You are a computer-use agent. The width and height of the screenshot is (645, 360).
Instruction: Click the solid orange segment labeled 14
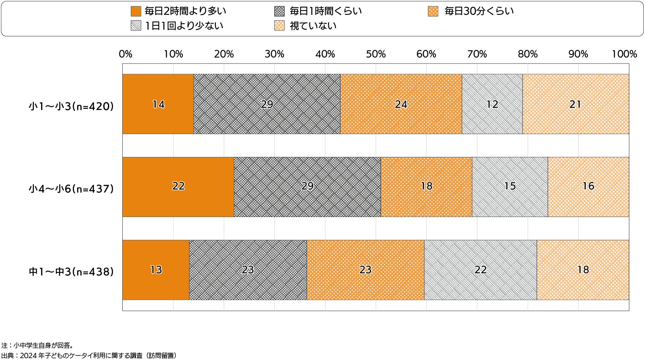pos(158,104)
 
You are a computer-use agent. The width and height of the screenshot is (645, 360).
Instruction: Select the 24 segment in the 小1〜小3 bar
pos(401,104)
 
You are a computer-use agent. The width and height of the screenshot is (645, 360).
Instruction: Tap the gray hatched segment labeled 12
pos(492,104)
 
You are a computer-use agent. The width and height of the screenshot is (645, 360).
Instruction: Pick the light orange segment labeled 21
pos(575,104)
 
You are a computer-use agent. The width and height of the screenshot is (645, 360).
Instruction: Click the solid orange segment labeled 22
pos(178,187)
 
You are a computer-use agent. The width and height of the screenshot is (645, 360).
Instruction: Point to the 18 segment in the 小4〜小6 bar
pos(426,187)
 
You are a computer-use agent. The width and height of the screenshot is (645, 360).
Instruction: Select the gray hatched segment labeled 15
pos(510,187)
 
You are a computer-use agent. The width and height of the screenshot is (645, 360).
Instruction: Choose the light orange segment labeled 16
pos(588,187)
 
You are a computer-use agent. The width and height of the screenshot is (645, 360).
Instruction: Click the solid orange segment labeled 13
pos(156,270)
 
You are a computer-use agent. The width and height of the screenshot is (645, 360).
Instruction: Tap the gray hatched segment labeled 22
pos(480,270)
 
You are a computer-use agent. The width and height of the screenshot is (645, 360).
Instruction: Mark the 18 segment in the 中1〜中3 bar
pos(583,270)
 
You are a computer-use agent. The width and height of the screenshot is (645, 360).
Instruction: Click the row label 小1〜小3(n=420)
pos(72,107)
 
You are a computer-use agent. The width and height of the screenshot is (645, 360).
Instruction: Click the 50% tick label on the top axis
pos(375,54)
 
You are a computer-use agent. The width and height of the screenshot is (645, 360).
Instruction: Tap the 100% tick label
pos(624,54)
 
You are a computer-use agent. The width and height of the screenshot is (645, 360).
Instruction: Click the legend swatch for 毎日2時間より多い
pos(136,11)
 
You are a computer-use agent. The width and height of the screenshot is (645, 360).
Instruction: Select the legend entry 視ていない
pos(313,26)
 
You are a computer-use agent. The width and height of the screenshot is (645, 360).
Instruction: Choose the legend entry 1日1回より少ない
pos(184,26)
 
